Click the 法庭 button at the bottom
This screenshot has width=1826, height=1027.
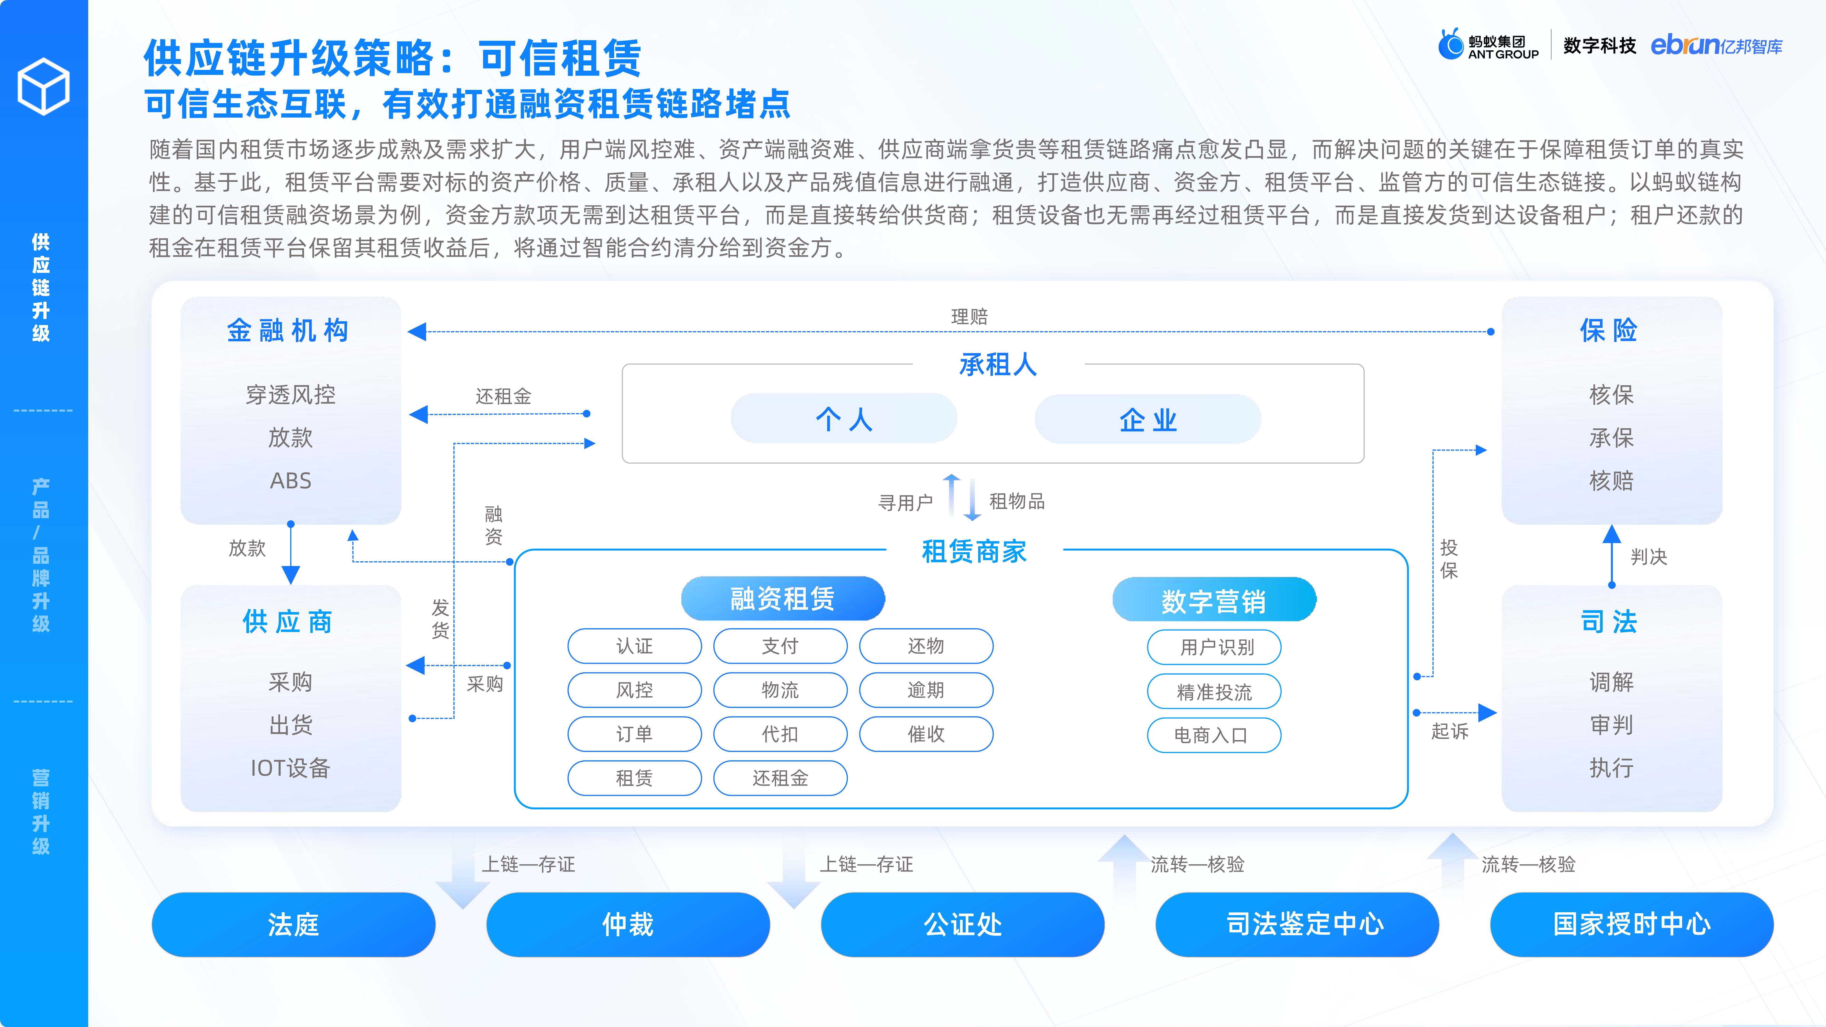(x=293, y=924)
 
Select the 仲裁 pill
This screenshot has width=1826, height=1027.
(x=628, y=924)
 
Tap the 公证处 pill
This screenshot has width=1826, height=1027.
(x=963, y=924)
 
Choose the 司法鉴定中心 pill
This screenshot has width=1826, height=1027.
(x=1297, y=924)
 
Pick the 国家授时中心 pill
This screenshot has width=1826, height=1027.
(x=1632, y=924)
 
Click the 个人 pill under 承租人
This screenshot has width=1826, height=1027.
(x=844, y=419)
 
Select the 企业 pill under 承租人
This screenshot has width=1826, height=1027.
(x=1148, y=419)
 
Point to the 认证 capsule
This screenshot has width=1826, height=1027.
(x=634, y=646)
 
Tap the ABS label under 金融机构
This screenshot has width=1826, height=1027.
(x=291, y=480)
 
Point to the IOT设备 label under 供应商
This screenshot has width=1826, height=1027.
(x=291, y=768)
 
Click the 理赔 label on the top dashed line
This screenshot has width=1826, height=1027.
(x=969, y=316)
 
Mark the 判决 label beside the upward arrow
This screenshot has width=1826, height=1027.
(x=1649, y=556)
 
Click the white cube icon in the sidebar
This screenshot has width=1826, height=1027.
(x=43, y=87)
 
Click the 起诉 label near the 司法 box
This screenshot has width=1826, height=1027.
(x=1450, y=731)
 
